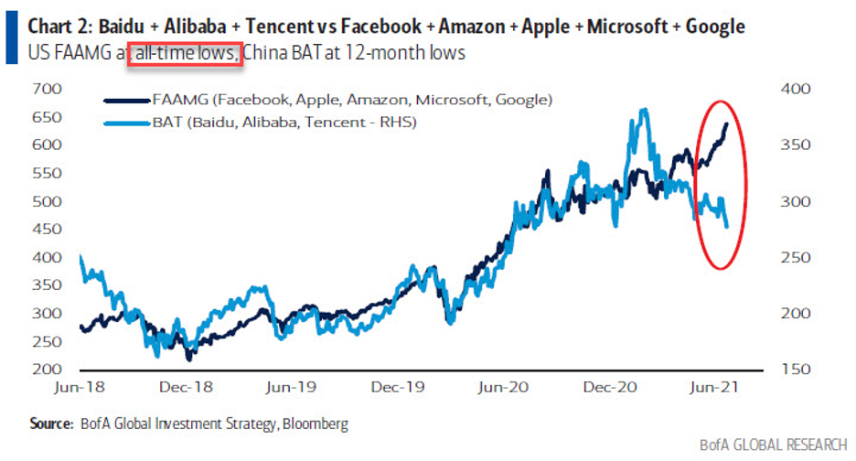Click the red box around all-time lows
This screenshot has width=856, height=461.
coord(185,53)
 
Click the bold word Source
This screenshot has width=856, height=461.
coord(51,424)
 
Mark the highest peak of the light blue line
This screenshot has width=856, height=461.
coord(645,110)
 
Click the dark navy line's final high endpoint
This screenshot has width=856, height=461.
coord(727,123)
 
